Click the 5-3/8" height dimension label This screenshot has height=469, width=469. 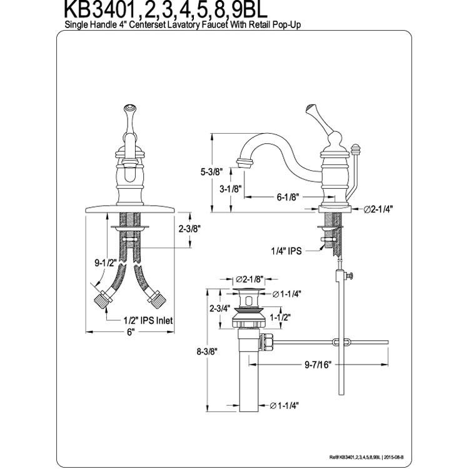(x=212, y=172)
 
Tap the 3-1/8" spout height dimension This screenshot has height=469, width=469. (x=231, y=189)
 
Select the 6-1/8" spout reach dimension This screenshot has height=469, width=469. (x=288, y=197)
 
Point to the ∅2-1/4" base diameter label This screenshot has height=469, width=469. (x=378, y=209)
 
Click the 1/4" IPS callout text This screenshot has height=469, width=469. (x=286, y=251)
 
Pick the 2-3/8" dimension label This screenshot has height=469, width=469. (x=189, y=229)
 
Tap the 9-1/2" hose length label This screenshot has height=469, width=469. (x=106, y=263)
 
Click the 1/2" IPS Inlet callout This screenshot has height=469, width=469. (x=148, y=321)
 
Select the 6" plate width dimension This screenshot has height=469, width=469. (x=130, y=332)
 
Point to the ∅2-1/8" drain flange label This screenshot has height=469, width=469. (x=250, y=280)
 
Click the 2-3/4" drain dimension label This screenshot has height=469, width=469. (x=220, y=308)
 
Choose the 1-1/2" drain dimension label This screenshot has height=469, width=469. (x=280, y=317)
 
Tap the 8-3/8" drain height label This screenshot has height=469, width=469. (x=207, y=351)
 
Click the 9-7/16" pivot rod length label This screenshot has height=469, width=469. (x=318, y=365)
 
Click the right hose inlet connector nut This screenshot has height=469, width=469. (x=157, y=300)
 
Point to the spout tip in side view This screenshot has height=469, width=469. (x=245, y=163)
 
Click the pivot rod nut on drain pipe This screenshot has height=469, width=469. (x=266, y=342)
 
